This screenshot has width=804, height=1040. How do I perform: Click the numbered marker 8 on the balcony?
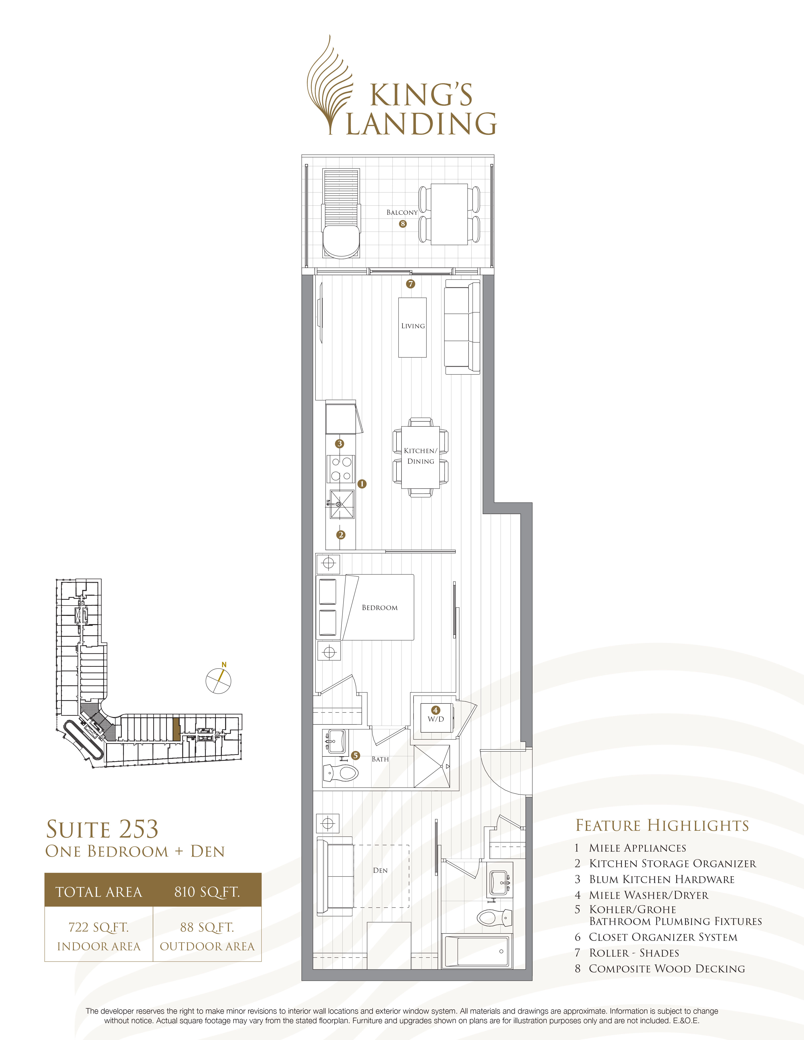[x=403, y=224]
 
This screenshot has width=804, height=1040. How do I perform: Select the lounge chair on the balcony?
[x=341, y=213]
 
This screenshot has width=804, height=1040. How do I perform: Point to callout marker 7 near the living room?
[x=411, y=284]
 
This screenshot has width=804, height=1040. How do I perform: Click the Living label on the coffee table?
[x=413, y=326]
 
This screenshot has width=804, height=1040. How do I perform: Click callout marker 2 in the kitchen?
[x=340, y=535]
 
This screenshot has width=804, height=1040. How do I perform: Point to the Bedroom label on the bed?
[x=380, y=608]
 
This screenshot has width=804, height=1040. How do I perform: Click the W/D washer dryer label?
[x=435, y=719]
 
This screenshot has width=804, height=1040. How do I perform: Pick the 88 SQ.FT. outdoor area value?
[x=207, y=927]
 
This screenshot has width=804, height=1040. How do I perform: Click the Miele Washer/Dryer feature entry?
[x=648, y=895]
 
